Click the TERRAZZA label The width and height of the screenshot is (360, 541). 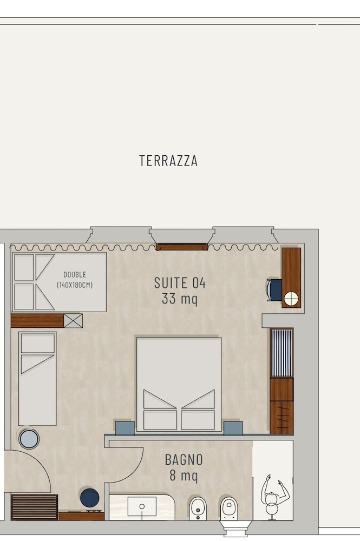tap(168, 161)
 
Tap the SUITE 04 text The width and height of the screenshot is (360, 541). tap(180, 283)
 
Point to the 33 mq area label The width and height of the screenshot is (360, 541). tap(180, 299)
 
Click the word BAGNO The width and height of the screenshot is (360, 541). tap(184, 459)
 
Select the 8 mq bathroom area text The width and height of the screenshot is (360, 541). tap(184, 475)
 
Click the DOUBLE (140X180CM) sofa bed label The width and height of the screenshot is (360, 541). tap(75, 280)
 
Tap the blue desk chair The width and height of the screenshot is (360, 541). tap(274, 290)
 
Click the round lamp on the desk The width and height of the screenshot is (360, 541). tap(291, 299)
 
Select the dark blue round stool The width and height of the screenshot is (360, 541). tap(90, 498)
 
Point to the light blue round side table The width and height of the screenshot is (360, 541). tap(29, 439)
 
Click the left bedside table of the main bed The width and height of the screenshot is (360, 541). tap(125, 428)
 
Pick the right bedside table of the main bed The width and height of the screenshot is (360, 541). tap(233, 428)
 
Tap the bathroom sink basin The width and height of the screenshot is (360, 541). tap(142, 506)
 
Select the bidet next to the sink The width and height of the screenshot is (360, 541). tap(198, 509)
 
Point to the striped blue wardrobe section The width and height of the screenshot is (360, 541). tap(282, 353)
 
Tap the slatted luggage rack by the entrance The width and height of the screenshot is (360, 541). tap(34, 507)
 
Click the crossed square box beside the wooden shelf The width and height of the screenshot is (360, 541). tap(73, 320)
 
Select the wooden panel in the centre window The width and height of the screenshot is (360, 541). tap(181, 247)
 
